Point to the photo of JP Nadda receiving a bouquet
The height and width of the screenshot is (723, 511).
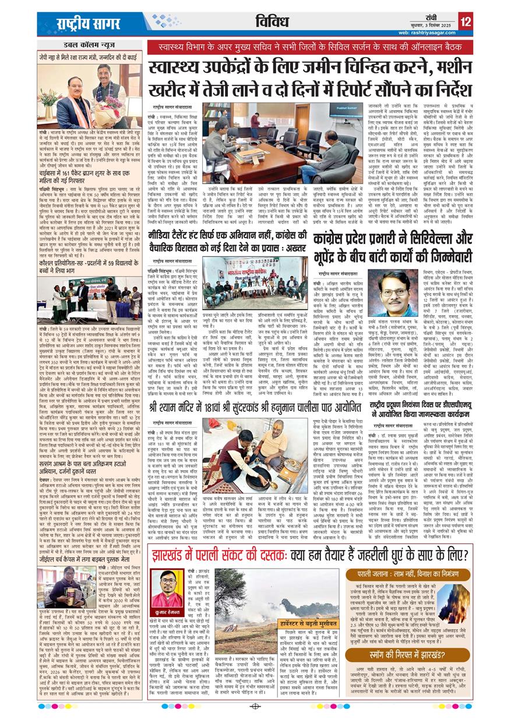(x=90, y=93)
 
